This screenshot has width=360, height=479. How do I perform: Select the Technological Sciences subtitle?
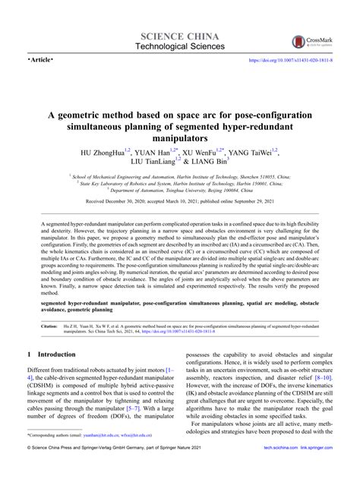click(180, 47)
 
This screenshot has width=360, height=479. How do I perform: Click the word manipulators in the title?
click(180, 140)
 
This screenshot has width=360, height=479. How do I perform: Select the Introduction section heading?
click(52, 375)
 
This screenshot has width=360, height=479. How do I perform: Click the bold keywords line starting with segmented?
click(180, 326)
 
